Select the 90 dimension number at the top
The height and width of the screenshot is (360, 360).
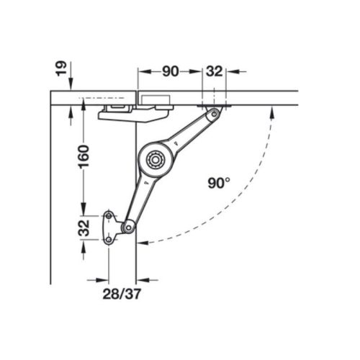[170, 71]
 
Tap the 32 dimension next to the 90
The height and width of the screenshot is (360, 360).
[215, 71]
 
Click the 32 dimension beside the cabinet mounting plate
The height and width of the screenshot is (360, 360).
[84, 229]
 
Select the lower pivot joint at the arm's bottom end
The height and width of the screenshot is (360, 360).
[127, 228]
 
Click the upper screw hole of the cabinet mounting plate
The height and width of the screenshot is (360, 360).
[109, 215]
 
